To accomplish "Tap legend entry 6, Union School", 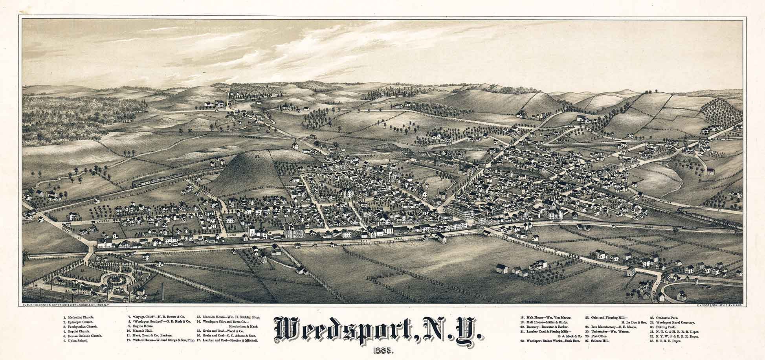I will click(75, 341).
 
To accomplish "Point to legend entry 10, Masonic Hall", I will click(141, 331).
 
